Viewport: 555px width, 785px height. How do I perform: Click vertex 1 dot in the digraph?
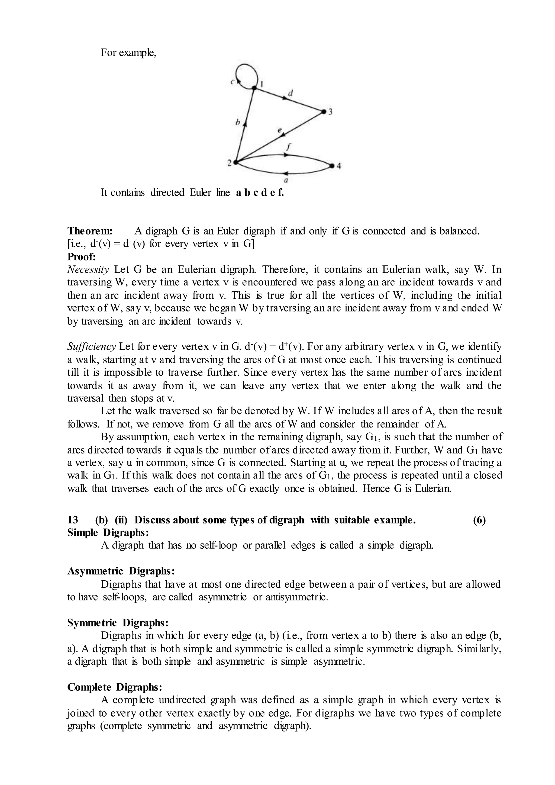point(254,88)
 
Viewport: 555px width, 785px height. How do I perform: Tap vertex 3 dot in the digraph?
point(323,111)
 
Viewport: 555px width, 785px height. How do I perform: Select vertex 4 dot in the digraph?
point(332,166)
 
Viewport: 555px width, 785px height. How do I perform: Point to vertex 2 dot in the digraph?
point(235,163)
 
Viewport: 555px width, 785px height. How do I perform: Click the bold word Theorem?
point(88,231)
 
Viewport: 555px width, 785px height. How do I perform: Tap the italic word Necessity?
point(88,270)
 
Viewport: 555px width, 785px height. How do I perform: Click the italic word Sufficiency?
point(92,347)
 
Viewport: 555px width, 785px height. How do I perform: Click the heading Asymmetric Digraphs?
point(121,571)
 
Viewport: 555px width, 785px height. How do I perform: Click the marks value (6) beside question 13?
point(479,520)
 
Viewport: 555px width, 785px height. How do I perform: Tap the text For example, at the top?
point(128,53)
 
